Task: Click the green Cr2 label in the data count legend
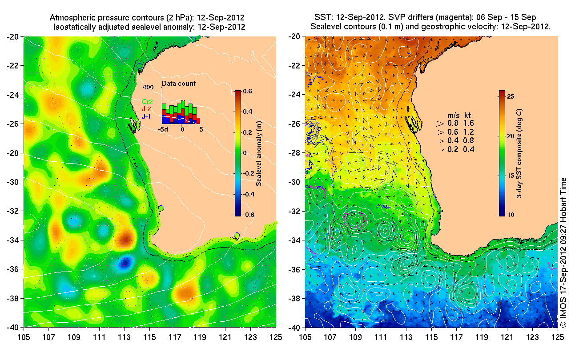[x=148, y=102]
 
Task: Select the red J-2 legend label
[x=147, y=109]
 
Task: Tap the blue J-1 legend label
[x=147, y=116]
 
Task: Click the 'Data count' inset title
[x=178, y=84]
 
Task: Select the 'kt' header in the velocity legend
[x=468, y=115]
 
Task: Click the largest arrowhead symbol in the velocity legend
[x=440, y=123]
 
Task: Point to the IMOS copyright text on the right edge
[x=563, y=253]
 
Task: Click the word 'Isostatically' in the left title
[x=75, y=27]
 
